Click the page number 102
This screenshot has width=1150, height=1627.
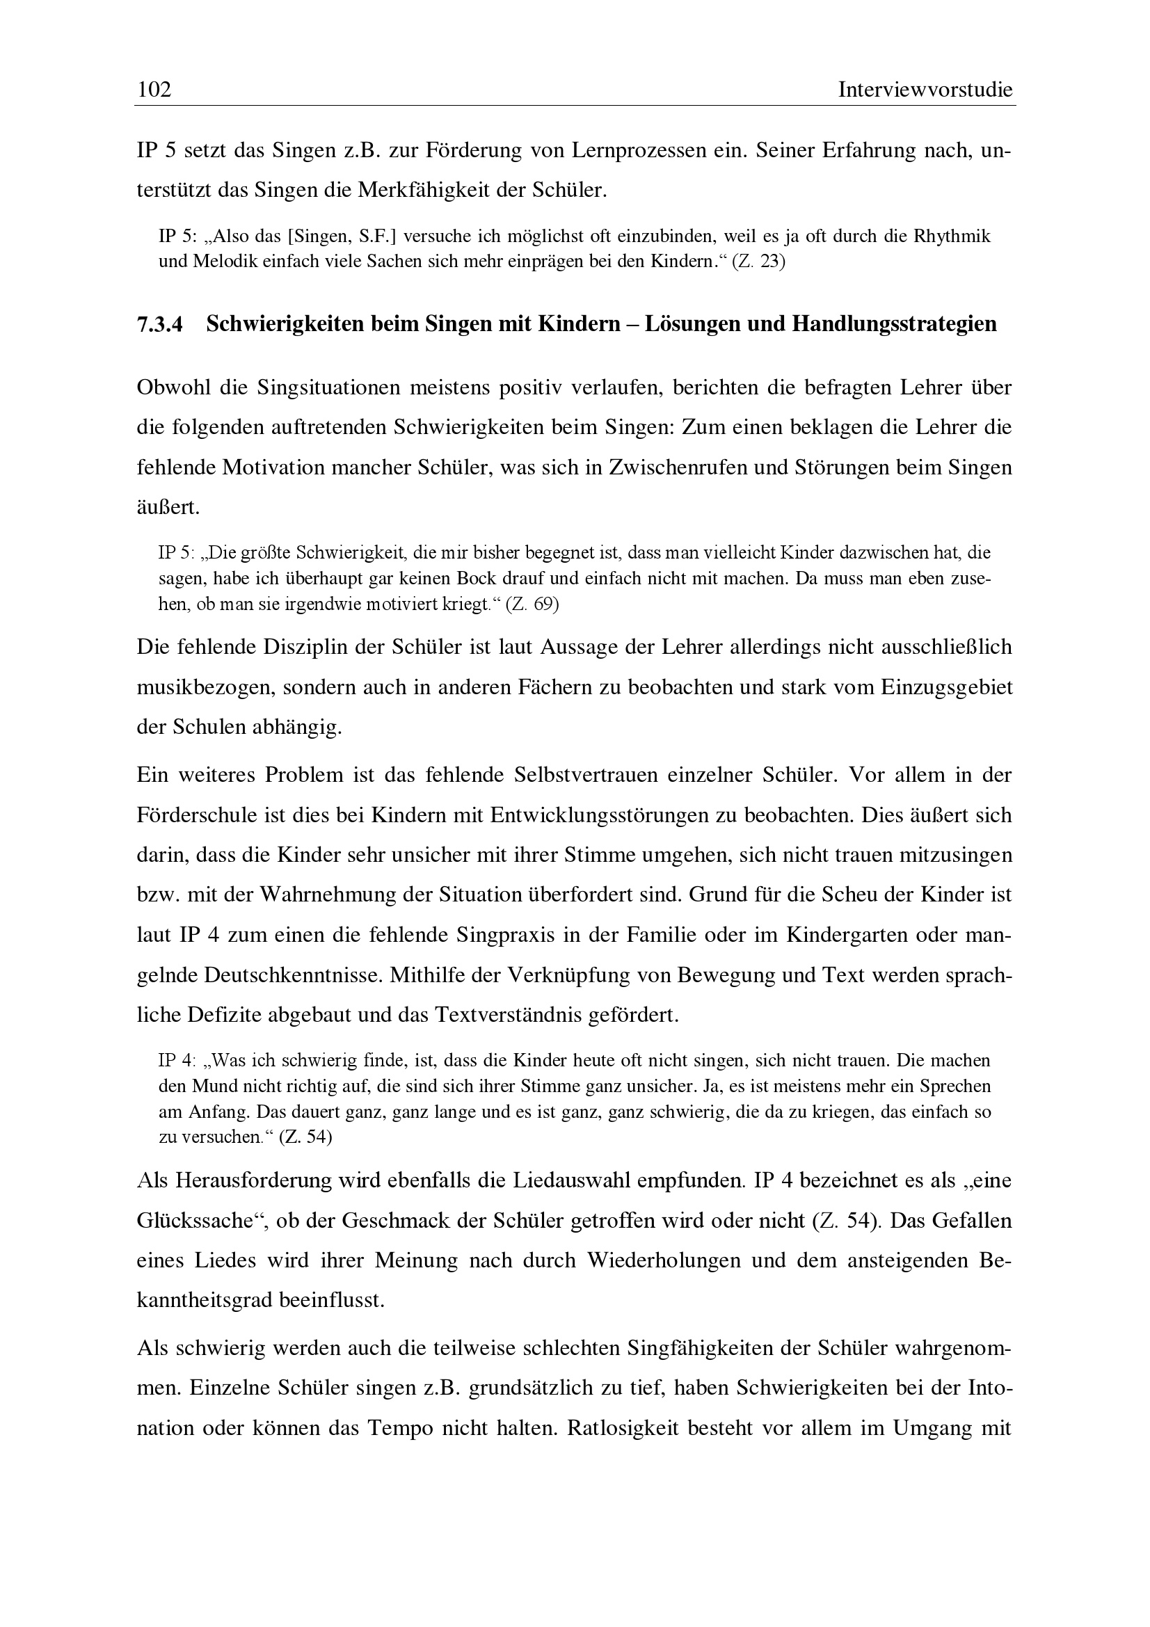(154, 90)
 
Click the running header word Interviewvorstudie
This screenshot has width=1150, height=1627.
(925, 90)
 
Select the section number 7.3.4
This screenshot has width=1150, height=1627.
(159, 324)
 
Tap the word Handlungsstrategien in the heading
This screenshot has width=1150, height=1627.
(894, 324)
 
